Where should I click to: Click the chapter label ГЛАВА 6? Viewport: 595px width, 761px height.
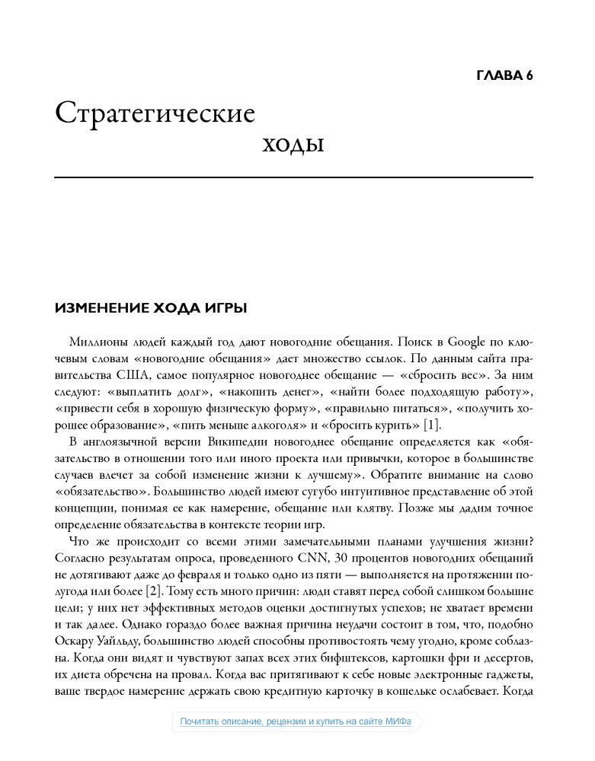coord(504,75)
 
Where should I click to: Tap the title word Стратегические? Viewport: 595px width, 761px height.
coord(155,113)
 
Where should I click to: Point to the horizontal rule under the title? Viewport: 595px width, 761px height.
coord(294,177)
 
